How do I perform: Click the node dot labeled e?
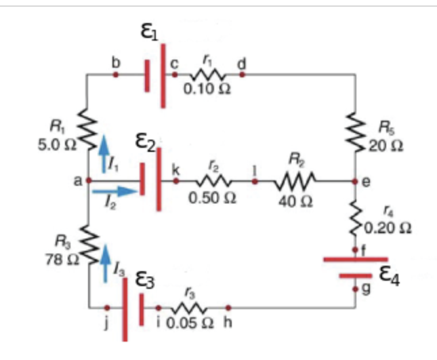356,182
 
